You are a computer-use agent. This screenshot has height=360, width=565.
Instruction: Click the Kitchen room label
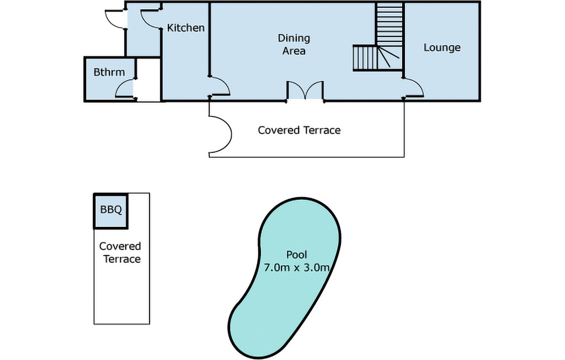click(x=185, y=28)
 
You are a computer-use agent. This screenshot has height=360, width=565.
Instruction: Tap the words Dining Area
click(x=294, y=44)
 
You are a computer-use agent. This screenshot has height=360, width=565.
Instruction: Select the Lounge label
click(x=442, y=47)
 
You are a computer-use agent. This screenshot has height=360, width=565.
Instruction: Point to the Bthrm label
click(x=109, y=72)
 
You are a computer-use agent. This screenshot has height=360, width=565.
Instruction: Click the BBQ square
click(x=111, y=211)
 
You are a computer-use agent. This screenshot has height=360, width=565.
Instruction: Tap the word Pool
click(x=296, y=255)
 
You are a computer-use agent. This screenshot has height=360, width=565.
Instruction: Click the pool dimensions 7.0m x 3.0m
click(x=296, y=268)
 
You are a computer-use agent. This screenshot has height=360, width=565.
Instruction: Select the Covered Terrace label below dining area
click(x=299, y=130)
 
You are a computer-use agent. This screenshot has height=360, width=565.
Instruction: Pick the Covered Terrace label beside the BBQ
click(x=120, y=252)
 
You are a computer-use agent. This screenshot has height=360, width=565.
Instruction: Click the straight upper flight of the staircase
click(x=390, y=24)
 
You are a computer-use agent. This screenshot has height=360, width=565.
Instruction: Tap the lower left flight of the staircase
click(x=365, y=58)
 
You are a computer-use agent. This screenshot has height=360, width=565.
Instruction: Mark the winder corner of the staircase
click(x=390, y=57)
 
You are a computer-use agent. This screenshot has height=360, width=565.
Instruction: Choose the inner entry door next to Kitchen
click(x=151, y=19)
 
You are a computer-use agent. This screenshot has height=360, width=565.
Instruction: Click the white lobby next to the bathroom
click(x=148, y=80)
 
